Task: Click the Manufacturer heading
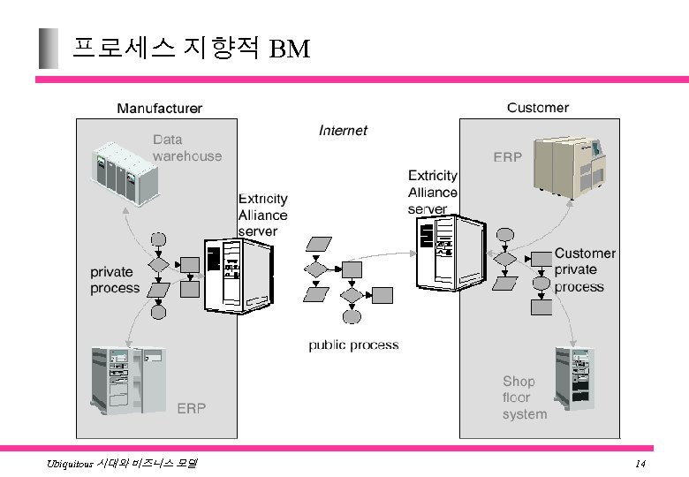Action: point(160,109)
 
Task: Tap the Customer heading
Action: point(537,108)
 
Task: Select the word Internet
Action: point(343,131)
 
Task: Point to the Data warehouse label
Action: point(186,148)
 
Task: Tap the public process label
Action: point(353,345)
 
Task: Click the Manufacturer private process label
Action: point(115,280)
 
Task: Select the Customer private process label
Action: point(585,270)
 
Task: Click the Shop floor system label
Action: point(525,397)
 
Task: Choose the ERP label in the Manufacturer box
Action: point(192,408)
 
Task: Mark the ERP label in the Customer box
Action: point(507,157)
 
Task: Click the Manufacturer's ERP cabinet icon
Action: point(128,381)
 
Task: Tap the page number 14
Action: point(640,465)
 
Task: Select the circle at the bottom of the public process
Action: point(352,316)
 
